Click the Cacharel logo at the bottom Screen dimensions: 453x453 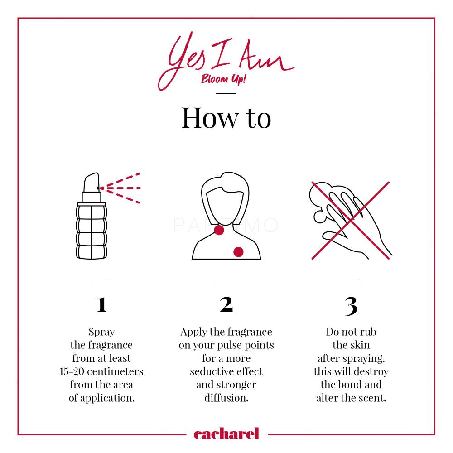click(x=226, y=434)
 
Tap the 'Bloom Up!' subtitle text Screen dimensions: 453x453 click(x=223, y=78)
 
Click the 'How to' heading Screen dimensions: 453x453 click(x=226, y=118)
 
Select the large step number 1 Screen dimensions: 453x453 click(x=101, y=304)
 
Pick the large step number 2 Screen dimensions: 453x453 click(x=226, y=304)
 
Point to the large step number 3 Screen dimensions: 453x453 click(x=351, y=306)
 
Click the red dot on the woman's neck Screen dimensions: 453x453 click(x=219, y=230)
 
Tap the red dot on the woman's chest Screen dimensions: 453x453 click(x=238, y=252)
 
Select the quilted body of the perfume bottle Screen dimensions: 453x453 click(x=92, y=231)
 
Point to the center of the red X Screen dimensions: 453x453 click(x=351, y=221)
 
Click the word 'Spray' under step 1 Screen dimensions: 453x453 click(x=101, y=332)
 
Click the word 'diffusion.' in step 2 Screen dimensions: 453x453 click(x=226, y=398)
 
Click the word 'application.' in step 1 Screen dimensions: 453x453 click(x=107, y=398)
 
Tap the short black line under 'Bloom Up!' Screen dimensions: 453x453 click(x=226, y=93)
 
